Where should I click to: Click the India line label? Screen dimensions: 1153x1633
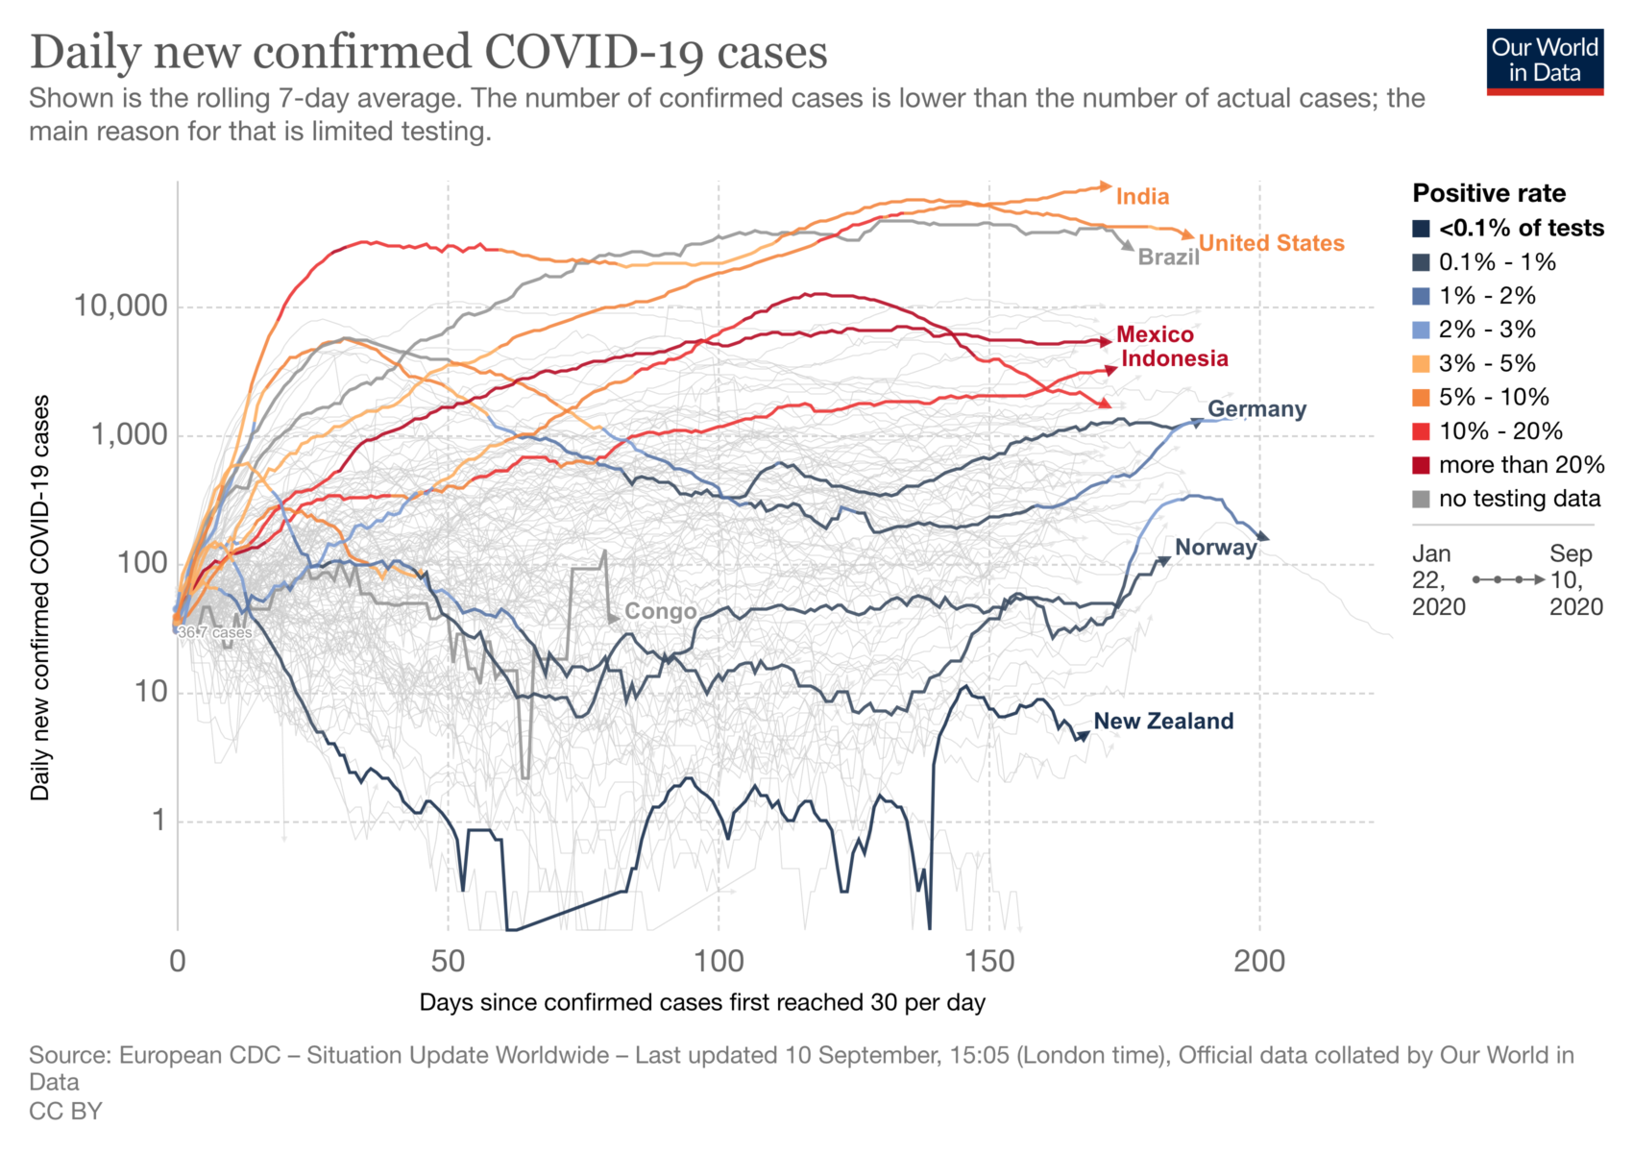1142,197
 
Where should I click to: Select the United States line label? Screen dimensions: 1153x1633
1271,244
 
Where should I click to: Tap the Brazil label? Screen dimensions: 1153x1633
1168,258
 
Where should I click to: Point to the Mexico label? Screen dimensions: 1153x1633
1155,335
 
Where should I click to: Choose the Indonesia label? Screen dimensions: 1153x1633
1174,359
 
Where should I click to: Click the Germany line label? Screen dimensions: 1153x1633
1256,409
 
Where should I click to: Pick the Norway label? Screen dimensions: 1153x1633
1215,548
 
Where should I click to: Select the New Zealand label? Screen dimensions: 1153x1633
1163,722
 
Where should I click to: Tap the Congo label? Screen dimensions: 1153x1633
660,612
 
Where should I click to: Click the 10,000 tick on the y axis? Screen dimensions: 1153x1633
120,307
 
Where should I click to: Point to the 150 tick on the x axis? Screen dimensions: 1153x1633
989,961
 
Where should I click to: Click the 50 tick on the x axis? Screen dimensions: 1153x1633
448,961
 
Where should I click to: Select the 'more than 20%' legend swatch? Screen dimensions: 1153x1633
1421,466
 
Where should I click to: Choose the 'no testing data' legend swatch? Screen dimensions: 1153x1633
1421,500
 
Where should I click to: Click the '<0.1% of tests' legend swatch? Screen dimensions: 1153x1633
1421,229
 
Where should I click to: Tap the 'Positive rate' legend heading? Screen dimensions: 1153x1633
1489,194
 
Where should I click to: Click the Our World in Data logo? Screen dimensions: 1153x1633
1545,61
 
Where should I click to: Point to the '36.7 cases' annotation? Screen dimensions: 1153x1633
215,633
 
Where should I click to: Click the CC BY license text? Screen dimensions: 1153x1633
65,1112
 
